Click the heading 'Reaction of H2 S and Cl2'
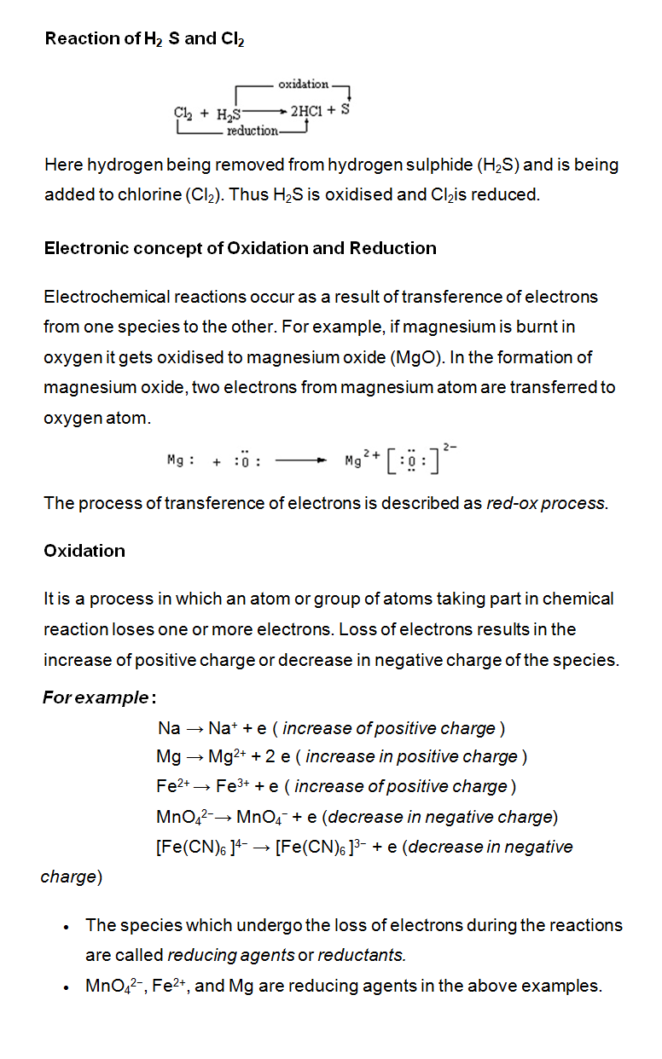coord(144,38)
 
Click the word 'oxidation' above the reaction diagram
coord(303,84)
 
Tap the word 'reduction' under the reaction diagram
coord(252,130)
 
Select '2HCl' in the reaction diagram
coord(306,112)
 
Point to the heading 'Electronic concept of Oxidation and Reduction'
coord(240,248)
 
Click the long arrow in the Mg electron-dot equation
coord(300,461)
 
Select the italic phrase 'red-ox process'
coord(546,503)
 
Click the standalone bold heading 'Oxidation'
coord(84,551)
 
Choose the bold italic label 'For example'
coord(96,697)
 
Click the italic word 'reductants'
coord(362,955)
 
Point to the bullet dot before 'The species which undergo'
coord(66,927)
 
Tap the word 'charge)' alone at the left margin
coord(72,877)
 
